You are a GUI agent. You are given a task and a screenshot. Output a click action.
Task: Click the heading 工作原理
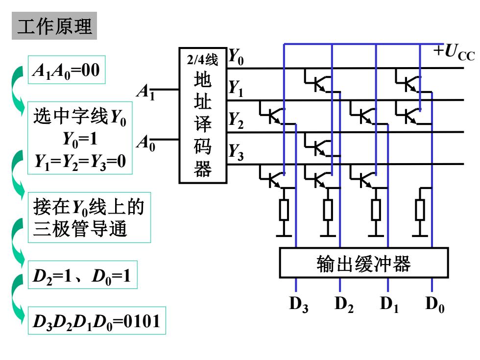[54, 26]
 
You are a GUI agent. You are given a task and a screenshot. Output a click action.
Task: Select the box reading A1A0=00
[67, 70]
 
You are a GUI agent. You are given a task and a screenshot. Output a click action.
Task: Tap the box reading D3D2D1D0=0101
[97, 320]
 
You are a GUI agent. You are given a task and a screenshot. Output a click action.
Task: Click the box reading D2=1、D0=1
[83, 275]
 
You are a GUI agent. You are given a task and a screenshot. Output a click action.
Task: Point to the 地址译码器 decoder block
[203, 116]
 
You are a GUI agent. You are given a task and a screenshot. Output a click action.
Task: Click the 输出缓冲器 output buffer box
[363, 263]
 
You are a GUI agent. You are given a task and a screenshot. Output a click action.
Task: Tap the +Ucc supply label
[454, 52]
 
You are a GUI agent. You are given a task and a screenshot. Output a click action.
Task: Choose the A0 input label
[146, 143]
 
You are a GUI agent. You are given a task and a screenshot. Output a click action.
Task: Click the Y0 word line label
[236, 57]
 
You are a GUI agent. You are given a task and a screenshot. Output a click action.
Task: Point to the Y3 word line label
[236, 152]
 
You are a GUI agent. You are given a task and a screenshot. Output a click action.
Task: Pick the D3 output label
[299, 305]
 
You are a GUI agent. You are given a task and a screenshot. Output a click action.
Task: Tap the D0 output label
[435, 305]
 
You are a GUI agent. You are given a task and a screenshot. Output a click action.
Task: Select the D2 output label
[344, 305]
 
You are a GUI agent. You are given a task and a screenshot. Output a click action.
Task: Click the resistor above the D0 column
[420, 210]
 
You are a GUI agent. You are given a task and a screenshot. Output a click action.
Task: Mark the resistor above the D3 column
[284, 210]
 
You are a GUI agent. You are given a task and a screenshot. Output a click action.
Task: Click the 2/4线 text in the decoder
[203, 59]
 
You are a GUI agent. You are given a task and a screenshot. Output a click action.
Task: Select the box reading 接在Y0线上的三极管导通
[89, 217]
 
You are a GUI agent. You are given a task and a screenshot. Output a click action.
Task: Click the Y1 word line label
[236, 89]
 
